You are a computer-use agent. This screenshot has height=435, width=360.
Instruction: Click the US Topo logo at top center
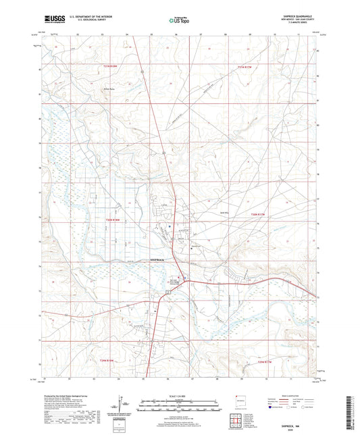(180, 20)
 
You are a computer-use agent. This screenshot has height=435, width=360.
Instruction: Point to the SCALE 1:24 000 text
(179, 395)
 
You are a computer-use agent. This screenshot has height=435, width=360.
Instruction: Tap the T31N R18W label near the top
(110, 66)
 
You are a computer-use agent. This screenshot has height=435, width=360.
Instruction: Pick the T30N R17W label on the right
(259, 213)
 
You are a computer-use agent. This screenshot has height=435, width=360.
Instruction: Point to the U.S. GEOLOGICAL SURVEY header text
(84, 22)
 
